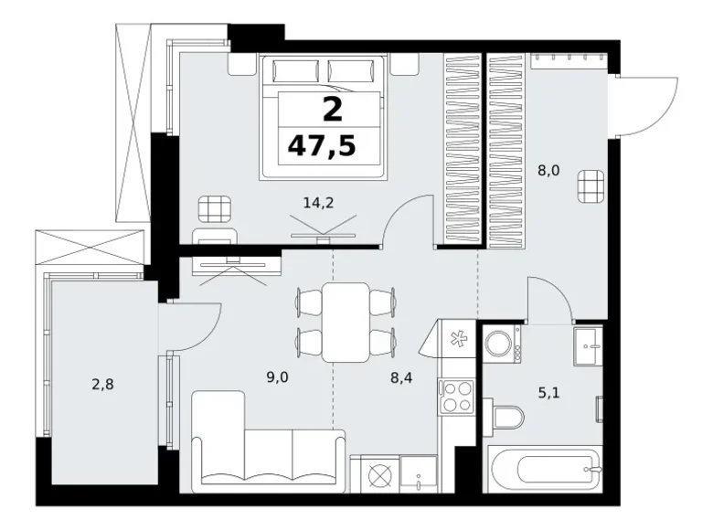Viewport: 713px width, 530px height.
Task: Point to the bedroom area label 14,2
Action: pyautogui.click(x=317, y=204)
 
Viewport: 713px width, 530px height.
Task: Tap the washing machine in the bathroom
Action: pyautogui.click(x=501, y=344)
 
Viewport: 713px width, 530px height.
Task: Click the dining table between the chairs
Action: pyautogui.click(x=347, y=322)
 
